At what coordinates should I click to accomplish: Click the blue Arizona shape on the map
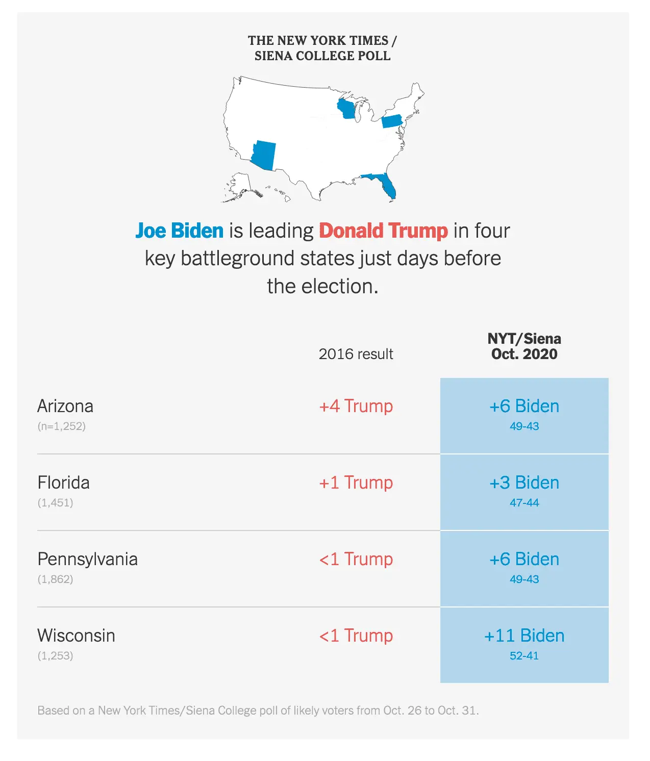click(x=264, y=155)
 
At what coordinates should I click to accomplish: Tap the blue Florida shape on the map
click(x=384, y=184)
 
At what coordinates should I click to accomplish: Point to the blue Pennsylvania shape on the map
click(x=391, y=121)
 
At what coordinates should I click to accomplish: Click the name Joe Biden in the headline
click(x=179, y=231)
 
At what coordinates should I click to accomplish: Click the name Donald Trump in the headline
click(x=383, y=231)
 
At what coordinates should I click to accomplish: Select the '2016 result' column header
click(x=356, y=354)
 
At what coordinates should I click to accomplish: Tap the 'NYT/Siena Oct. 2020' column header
click(x=524, y=346)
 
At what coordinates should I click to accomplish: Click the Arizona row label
click(x=65, y=406)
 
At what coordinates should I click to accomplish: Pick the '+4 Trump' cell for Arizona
click(x=356, y=406)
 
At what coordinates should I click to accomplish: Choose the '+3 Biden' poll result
click(x=524, y=483)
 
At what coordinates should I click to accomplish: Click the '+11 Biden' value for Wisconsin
click(x=524, y=636)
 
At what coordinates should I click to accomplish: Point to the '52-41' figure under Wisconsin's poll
click(x=524, y=656)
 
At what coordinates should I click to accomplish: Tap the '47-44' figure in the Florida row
click(x=524, y=503)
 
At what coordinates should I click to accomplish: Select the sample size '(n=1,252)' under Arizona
click(x=61, y=426)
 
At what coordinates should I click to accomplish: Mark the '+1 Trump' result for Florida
click(x=356, y=483)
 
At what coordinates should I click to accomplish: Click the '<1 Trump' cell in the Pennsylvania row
click(x=356, y=559)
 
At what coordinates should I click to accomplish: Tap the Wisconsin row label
click(x=76, y=636)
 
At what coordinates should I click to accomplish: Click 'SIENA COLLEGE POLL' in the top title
click(x=322, y=56)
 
